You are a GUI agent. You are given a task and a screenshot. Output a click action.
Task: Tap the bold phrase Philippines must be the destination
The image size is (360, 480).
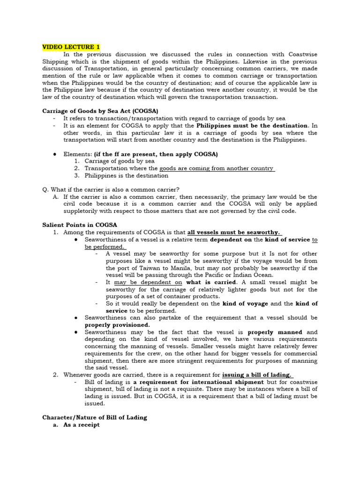[252, 126]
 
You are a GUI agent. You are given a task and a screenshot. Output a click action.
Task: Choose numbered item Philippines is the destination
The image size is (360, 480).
[126, 176]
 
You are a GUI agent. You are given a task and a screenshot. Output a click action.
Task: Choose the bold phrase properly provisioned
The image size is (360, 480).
[117, 325]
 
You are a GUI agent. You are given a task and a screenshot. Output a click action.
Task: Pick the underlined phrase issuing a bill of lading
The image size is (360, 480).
[257, 375]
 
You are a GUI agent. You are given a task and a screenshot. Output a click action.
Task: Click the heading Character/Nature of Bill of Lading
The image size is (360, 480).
[95, 417]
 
